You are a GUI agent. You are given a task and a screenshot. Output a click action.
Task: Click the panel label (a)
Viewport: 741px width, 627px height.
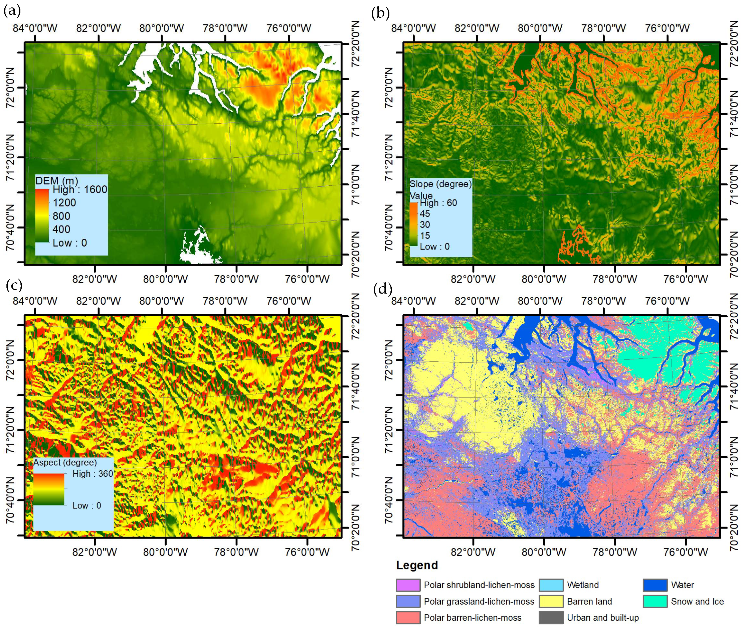[x=12, y=11]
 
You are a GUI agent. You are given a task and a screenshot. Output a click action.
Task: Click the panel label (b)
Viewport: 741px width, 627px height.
[x=380, y=13]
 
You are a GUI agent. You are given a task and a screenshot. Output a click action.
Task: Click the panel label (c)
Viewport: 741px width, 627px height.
[x=14, y=285]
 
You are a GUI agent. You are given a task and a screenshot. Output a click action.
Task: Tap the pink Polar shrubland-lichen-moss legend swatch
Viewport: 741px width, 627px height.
[x=408, y=585]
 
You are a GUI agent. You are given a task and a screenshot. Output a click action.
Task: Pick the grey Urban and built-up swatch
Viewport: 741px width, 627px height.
[x=551, y=617]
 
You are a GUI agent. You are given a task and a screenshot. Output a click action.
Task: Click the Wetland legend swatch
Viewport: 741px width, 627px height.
[x=551, y=585]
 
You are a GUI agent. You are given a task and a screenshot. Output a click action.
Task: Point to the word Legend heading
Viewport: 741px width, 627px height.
[x=417, y=565]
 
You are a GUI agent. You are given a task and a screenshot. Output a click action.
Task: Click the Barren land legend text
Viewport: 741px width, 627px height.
[x=589, y=601]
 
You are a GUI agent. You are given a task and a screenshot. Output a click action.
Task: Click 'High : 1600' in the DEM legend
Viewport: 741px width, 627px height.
[x=79, y=189]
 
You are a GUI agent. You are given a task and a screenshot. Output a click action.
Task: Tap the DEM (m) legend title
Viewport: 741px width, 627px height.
[x=56, y=181]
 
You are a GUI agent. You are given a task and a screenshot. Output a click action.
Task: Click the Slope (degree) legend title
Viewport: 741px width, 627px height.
[x=440, y=184]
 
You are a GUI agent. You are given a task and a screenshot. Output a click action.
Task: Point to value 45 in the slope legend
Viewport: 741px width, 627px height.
[x=425, y=213]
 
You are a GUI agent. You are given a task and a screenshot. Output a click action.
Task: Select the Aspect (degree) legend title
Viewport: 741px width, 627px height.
[x=65, y=462]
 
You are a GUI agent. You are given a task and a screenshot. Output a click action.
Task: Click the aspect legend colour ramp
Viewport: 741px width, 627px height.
[x=49, y=489]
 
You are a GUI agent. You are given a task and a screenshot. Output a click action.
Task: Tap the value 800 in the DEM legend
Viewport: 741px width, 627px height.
[x=61, y=216]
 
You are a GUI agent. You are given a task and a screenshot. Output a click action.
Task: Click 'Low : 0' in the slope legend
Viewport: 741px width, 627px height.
[x=434, y=246]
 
